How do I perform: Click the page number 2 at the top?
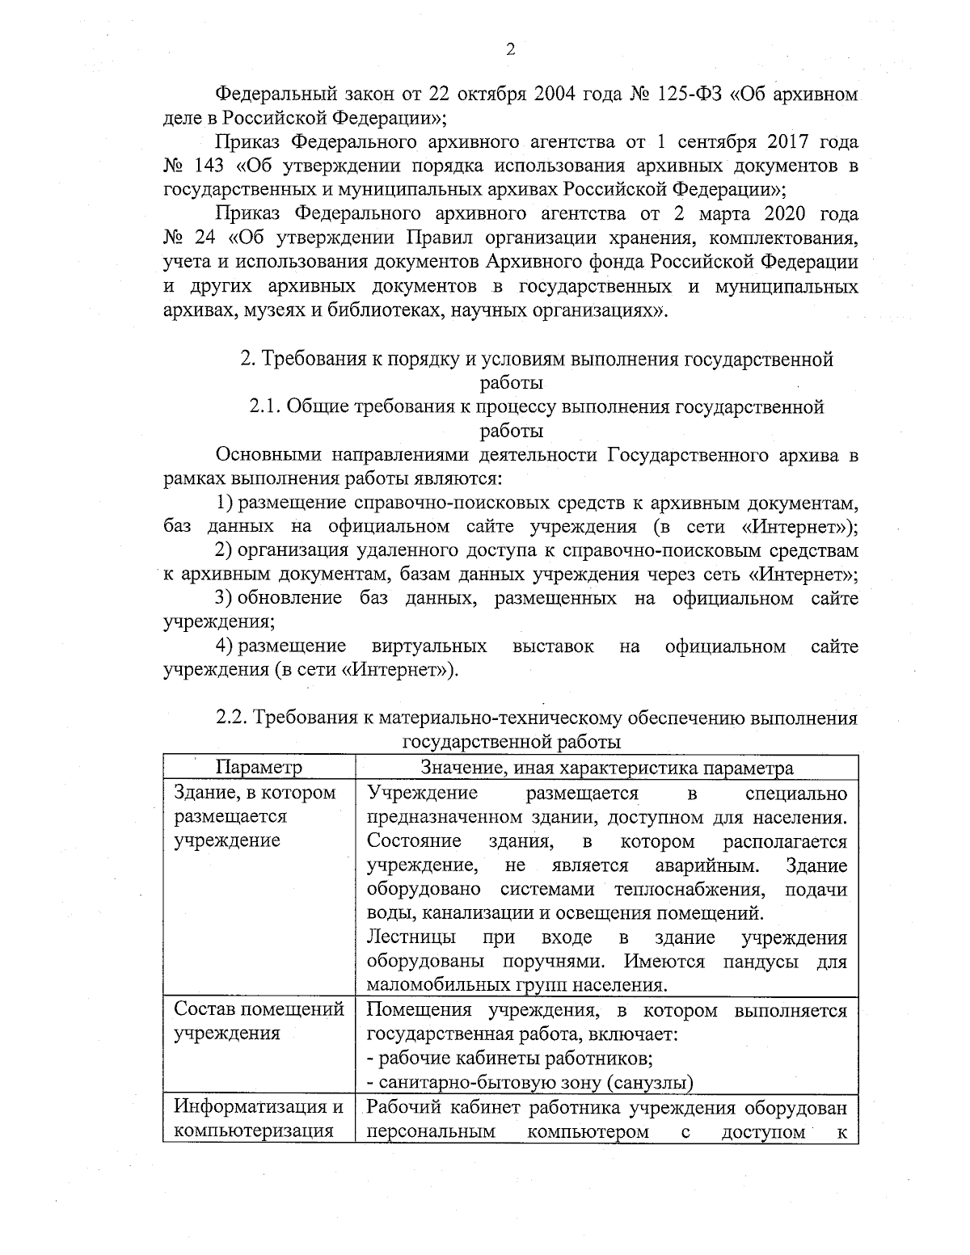[x=510, y=50]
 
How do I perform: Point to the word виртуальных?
[x=429, y=646]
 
